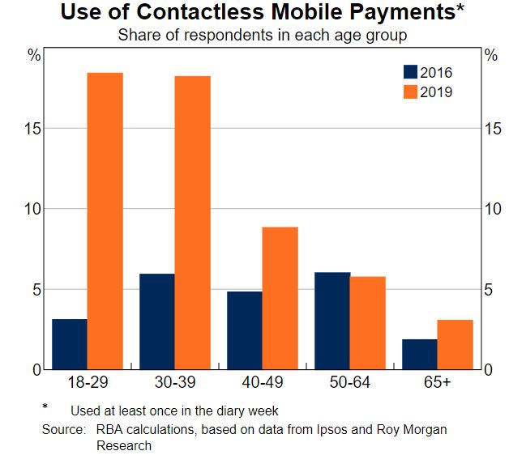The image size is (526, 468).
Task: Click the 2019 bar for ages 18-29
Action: tap(105, 221)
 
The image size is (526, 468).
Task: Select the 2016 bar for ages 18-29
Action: tap(70, 344)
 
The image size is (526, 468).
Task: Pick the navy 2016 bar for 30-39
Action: tap(157, 321)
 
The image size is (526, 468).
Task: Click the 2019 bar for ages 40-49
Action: tap(280, 298)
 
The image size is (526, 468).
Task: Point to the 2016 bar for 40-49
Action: tap(245, 330)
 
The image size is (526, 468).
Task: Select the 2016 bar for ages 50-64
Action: tap(332, 321)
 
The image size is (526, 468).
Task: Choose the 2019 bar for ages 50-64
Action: tap(367, 323)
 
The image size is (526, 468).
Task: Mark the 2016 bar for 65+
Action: tap(420, 354)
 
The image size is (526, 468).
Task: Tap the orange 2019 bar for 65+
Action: tap(455, 344)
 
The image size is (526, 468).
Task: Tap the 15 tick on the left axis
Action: tap(33, 129)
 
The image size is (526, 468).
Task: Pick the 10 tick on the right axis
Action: tap(494, 209)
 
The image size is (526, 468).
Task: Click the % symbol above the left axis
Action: tap(34, 56)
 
